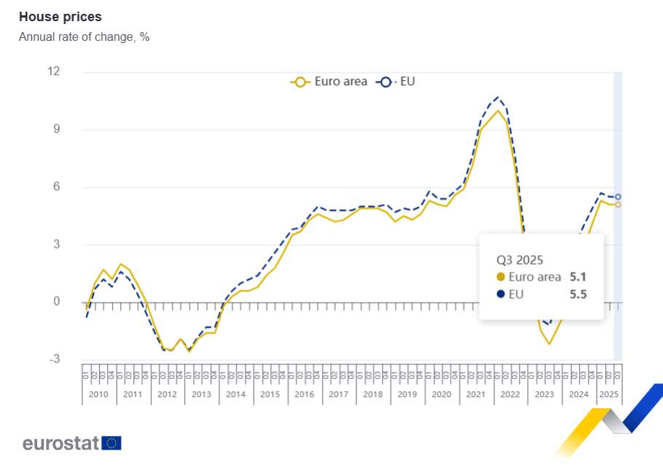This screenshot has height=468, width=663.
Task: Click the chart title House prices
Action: click(60, 16)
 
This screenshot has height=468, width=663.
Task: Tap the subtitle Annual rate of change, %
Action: click(84, 36)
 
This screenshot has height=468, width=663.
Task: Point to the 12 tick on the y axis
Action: click(53, 71)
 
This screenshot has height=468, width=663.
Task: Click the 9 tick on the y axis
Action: click(56, 129)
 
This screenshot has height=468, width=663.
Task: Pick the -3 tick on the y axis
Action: click(54, 359)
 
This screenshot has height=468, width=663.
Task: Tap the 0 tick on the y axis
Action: click(56, 302)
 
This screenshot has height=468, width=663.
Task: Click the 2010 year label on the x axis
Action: click(98, 394)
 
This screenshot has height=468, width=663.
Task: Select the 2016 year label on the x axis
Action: click(304, 394)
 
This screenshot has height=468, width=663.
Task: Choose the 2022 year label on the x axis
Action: click(510, 394)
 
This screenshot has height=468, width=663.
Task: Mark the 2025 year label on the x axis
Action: click(608, 394)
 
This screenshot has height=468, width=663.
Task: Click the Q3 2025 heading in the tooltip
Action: click(520, 260)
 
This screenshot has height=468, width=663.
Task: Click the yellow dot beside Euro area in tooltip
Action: click(501, 277)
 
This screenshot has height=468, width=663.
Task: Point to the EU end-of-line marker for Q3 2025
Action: click(618, 197)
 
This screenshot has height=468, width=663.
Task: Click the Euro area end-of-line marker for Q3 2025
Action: click(618, 205)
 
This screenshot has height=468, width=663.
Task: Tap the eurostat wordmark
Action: click(60, 442)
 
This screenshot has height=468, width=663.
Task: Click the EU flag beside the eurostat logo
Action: click(111, 442)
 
